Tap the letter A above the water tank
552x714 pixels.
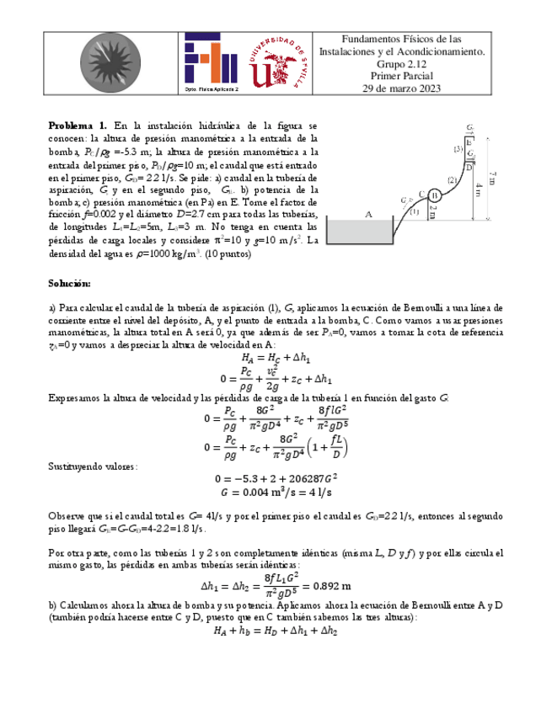tap(368, 215)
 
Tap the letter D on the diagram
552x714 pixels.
tap(469, 166)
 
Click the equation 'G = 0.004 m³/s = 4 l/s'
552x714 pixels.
tap(276, 493)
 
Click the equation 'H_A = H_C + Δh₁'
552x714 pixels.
tap(276, 356)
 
